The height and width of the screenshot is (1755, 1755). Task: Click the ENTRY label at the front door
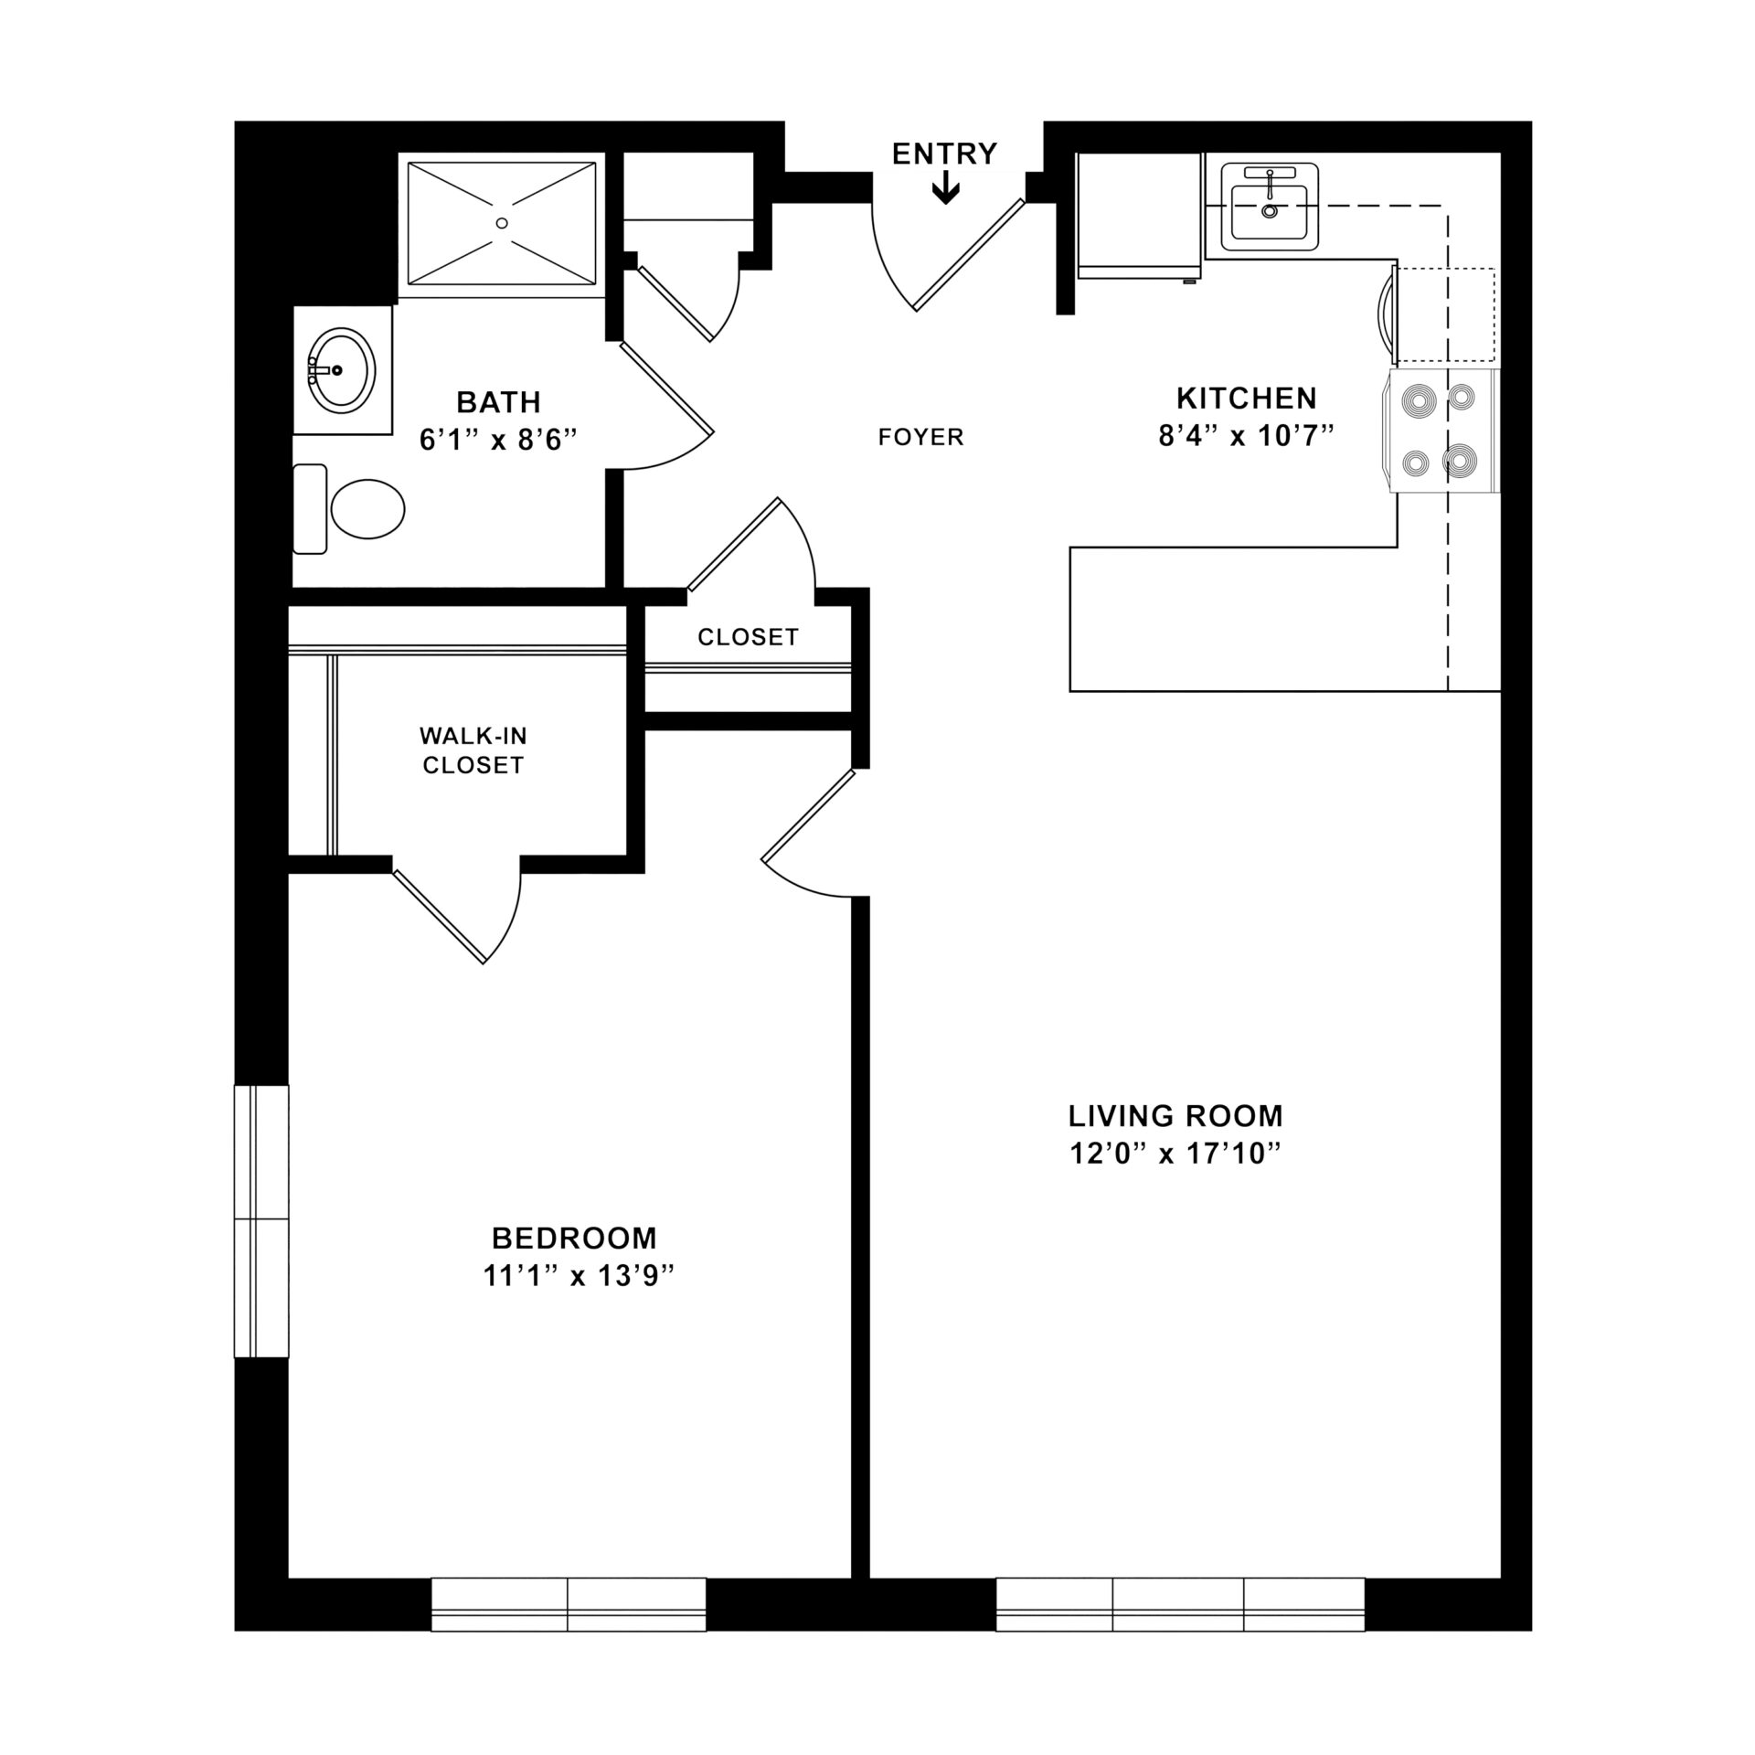[944, 154]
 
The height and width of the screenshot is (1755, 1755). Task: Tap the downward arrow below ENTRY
[945, 190]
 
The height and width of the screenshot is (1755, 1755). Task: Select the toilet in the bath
[352, 508]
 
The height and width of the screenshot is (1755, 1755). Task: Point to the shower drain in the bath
[501, 222]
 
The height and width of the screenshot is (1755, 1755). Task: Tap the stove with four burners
[1441, 431]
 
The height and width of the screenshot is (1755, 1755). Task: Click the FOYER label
[920, 438]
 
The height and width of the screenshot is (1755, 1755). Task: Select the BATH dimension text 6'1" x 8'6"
[498, 441]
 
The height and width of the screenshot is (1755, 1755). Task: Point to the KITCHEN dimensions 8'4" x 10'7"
[1247, 436]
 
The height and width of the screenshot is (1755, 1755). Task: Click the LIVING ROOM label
[1175, 1116]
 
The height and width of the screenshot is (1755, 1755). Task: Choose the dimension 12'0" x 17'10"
[1175, 1154]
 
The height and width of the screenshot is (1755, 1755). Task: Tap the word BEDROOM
[574, 1238]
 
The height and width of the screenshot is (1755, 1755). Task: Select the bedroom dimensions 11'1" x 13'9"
[578, 1276]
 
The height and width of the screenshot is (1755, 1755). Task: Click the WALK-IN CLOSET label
[473, 750]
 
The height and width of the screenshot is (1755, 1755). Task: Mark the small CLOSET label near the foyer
[748, 637]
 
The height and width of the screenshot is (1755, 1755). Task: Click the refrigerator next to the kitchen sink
[1139, 216]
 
